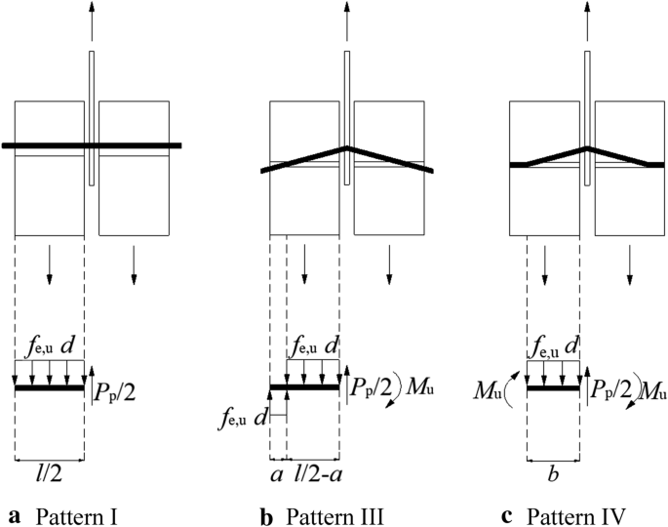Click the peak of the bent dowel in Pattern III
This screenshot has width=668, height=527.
(x=348, y=148)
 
